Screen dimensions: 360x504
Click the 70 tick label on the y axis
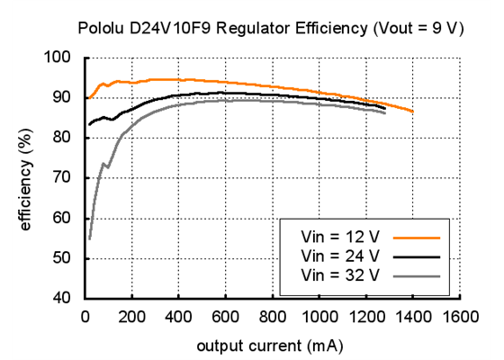(x=61, y=178)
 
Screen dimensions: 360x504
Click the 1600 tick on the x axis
(x=461, y=317)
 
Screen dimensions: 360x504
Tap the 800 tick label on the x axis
(x=273, y=317)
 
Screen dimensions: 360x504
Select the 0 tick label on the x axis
(x=85, y=317)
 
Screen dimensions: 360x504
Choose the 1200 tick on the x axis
(x=367, y=317)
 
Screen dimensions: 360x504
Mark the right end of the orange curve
(x=413, y=112)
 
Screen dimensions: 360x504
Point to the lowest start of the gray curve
(x=89, y=238)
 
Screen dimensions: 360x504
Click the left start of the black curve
(x=88, y=124)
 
